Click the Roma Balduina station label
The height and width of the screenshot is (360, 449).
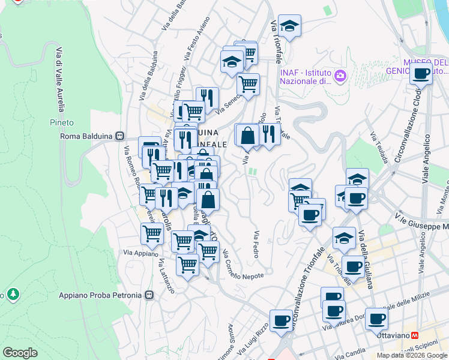(88, 136)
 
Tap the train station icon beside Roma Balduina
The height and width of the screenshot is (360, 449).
(120, 136)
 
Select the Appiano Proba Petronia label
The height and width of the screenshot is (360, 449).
(101, 295)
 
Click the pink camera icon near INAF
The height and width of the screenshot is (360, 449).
(341, 76)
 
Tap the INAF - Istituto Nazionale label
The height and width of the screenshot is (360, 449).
(306, 76)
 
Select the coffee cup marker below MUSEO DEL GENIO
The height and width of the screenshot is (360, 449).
(421, 74)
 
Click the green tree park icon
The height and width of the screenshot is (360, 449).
(12, 295)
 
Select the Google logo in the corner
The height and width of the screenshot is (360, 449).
(20, 353)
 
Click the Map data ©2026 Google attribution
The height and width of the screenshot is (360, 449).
(412, 355)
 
